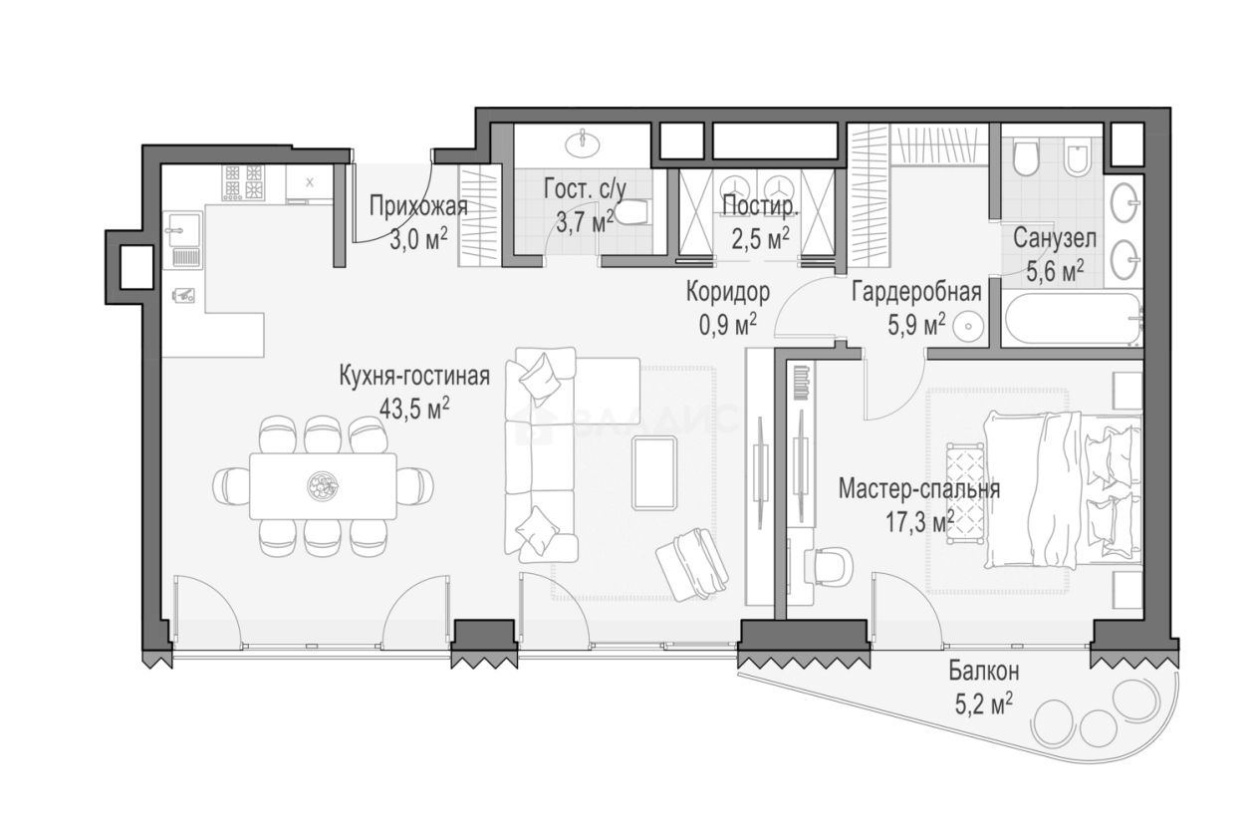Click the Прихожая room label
(418, 206)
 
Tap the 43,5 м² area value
(414, 410)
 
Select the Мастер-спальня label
(919, 489)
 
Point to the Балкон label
(984, 672)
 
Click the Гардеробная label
(916, 291)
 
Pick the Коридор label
(728, 291)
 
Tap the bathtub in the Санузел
(1072, 319)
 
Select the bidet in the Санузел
(1077, 159)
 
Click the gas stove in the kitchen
(243, 182)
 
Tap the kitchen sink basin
(182, 229)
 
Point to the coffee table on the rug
(654, 472)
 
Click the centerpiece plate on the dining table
(323, 486)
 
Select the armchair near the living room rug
(692, 564)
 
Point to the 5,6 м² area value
(1055, 271)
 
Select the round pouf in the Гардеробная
(967, 327)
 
